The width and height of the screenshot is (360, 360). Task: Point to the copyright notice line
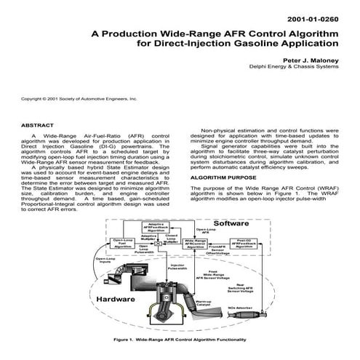click(79, 97)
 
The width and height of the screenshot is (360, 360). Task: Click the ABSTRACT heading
click(43, 125)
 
